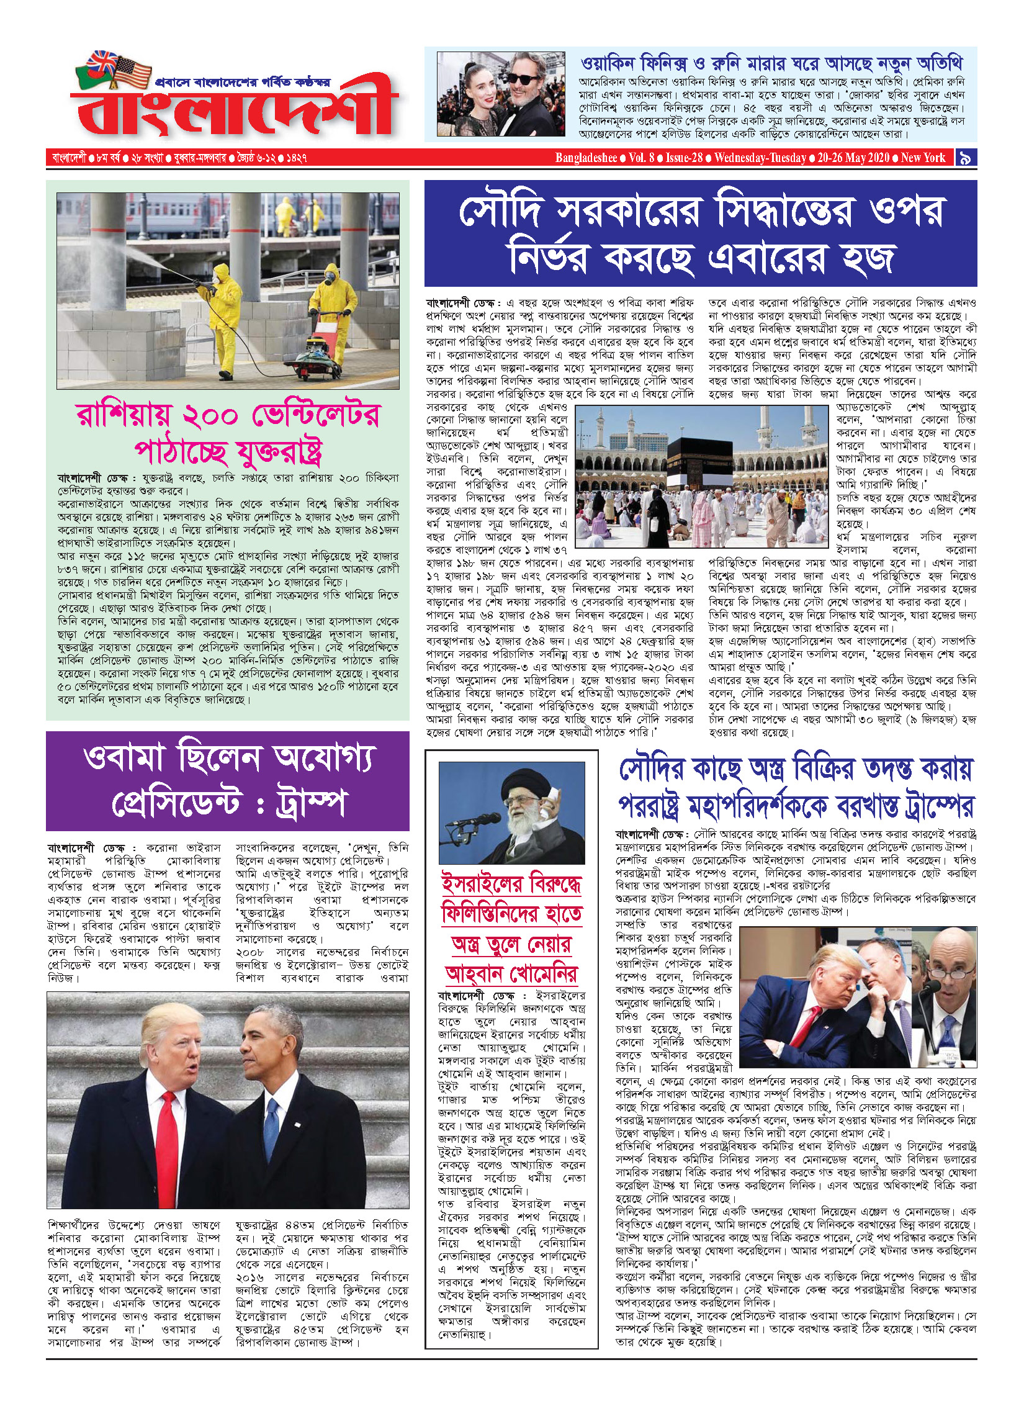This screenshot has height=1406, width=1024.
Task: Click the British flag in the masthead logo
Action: tap(101, 62)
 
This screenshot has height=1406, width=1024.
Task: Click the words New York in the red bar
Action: tap(923, 158)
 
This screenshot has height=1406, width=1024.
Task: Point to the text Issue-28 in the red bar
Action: tap(684, 158)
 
